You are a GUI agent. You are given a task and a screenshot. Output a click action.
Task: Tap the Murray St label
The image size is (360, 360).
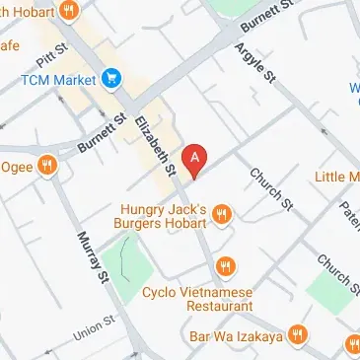94,257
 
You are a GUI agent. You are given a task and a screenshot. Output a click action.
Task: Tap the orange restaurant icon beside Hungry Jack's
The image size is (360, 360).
222,213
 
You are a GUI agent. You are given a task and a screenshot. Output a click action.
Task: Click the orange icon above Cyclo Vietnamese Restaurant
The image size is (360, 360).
227,265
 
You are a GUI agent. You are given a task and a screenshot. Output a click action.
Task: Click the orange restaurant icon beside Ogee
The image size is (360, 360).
45,166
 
